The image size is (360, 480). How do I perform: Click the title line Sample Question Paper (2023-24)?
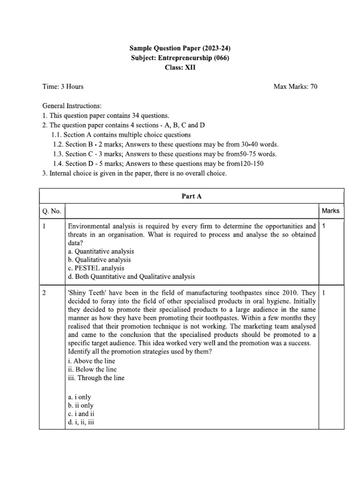(180, 48)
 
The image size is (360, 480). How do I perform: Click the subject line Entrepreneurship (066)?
(180, 58)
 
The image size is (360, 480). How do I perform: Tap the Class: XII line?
(180, 67)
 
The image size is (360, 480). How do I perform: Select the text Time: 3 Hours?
(63, 87)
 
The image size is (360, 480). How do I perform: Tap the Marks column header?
(330, 211)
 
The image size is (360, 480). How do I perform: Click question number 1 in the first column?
(44, 226)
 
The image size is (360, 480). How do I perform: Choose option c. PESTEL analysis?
(96, 268)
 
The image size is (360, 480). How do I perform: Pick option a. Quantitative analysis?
(101, 251)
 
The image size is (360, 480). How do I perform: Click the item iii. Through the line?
(96, 378)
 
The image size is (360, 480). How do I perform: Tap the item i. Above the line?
(91, 361)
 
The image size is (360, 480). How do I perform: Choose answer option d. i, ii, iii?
(82, 421)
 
